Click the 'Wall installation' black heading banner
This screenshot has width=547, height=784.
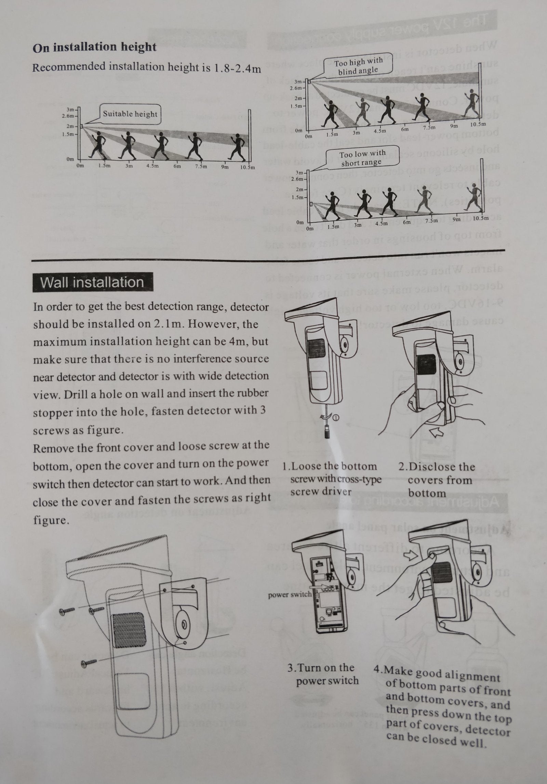pos(92,283)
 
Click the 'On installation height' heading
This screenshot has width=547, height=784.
pos(94,47)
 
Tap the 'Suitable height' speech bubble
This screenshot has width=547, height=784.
pos(130,114)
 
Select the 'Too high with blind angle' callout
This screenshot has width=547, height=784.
pos(358,66)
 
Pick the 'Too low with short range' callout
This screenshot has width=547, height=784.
pos(361,158)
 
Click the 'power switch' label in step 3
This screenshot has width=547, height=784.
pos(290,594)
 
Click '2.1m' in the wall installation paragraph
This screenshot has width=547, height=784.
pos(161,324)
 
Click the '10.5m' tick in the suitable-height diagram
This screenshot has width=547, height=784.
pos(247,168)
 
